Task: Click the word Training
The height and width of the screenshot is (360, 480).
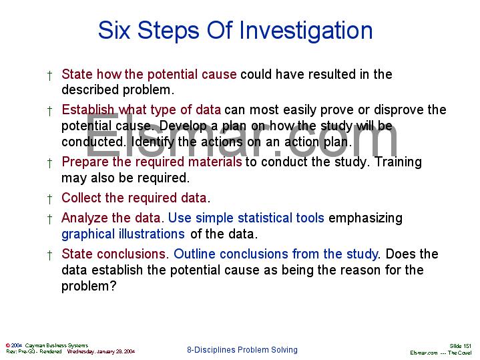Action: click(398, 162)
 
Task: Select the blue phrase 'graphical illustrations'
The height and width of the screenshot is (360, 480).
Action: click(123, 234)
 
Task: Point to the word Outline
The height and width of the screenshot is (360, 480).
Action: click(194, 254)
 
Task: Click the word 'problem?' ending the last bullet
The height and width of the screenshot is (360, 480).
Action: click(89, 286)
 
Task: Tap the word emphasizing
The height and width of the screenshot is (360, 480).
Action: click(366, 218)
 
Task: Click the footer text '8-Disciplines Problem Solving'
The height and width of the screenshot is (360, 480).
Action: click(242, 350)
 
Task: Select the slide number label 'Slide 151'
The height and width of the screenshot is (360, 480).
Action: click(461, 345)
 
